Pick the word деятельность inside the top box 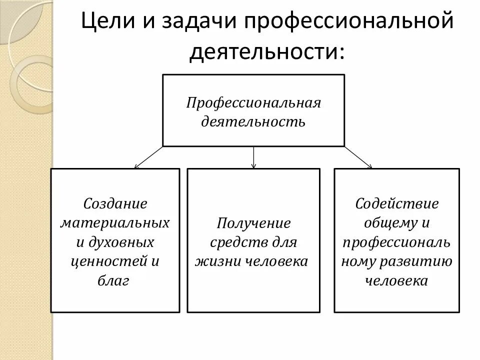tap(253, 121)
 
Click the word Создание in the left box tap(115, 203)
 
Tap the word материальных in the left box tap(115, 222)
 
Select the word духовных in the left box tap(121, 242)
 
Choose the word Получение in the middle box tap(253, 223)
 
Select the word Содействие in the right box tap(397, 203)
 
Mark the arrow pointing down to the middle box tap(253, 157)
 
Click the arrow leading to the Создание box tap(148, 157)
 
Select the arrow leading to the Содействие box tap(357, 157)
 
